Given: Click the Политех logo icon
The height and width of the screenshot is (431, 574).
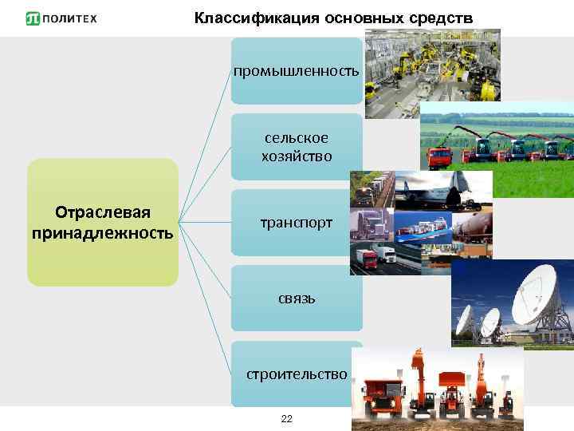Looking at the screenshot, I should click(x=33, y=18).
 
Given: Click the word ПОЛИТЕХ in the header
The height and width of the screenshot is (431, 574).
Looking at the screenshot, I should click(x=72, y=18).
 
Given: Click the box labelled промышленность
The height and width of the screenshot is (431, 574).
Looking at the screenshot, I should click(x=296, y=72).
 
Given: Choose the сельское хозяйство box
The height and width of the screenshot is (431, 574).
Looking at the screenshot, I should click(x=296, y=147).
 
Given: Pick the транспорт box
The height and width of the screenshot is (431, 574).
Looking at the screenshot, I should click(x=296, y=223).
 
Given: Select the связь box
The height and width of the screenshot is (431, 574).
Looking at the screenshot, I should click(x=296, y=299).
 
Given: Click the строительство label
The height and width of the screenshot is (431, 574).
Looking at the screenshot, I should click(x=296, y=374).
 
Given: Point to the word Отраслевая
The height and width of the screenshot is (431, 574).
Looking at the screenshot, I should click(x=103, y=212).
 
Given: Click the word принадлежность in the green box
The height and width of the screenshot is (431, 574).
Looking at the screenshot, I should click(x=103, y=233).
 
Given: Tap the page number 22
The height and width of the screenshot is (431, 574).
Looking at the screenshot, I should click(x=287, y=419).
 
